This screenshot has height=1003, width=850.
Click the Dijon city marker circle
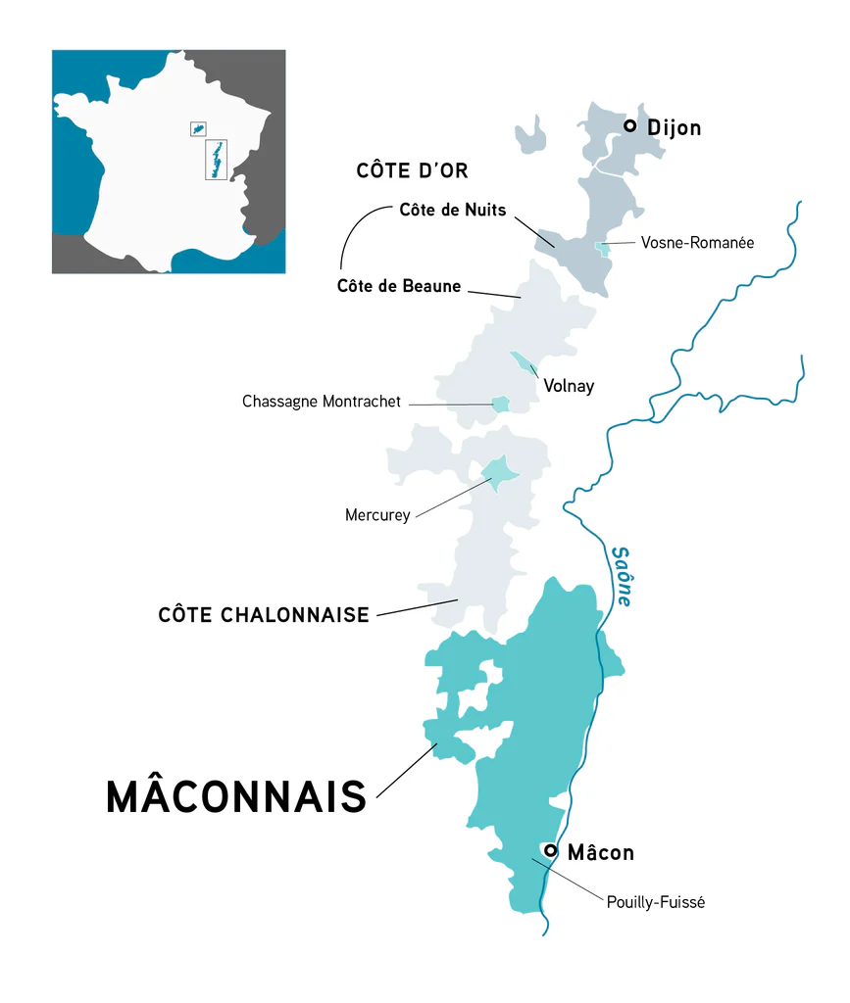click(630, 126)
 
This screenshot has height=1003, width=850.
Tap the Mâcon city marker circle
click(551, 851)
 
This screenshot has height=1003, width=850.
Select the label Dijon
click(675, 128)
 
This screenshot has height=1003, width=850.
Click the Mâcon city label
click(601, 853)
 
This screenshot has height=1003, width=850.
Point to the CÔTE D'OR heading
click(412, 171)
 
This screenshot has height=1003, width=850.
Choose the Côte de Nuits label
click(453, 211)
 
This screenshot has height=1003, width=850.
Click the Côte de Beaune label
click(398, 286)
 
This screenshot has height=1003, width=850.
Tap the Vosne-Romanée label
click(697, 243)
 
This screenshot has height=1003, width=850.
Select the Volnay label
click(569, 386)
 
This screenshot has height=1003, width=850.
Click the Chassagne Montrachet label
click(322, 403)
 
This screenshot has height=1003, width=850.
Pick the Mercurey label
click(377, 514)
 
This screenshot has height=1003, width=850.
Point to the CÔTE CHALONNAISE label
click(264, 615)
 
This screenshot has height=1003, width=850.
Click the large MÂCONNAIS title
click(236, 797)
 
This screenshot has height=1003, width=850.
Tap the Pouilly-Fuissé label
click(656, 902)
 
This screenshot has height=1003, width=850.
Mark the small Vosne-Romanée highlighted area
click(604, 249)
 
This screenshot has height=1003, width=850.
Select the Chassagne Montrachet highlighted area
click(500, 404)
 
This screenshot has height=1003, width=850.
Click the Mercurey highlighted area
click(500, 474)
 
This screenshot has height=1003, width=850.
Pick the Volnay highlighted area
click(524, 362)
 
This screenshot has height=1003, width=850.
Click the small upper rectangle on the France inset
click(198, 128)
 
